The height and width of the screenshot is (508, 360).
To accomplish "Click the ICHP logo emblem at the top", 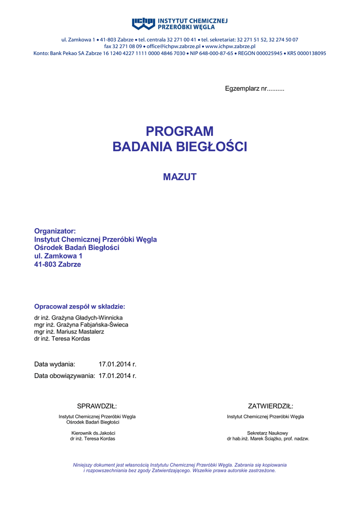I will [144, 23].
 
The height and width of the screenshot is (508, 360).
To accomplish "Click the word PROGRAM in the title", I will [180, 131].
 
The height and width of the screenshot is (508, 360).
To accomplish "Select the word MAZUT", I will [180, 177].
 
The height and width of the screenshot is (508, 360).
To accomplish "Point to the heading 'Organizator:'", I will [55, 231].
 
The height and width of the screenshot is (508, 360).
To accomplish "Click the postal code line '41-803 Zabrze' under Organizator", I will [57, 264].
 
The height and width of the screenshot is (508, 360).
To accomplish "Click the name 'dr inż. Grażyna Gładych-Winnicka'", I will [78, 317].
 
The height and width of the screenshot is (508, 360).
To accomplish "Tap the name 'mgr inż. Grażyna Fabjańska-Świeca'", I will [81, 324].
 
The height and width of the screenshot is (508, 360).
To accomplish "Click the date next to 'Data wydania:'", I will [117, 364].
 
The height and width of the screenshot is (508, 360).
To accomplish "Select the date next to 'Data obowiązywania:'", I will [117, 376].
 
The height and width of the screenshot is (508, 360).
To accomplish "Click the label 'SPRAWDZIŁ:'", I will [97, 406].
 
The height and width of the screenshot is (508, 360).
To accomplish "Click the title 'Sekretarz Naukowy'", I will [268, 433].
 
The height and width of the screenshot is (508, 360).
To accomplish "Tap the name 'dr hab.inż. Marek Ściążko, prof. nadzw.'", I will [268, 439].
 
